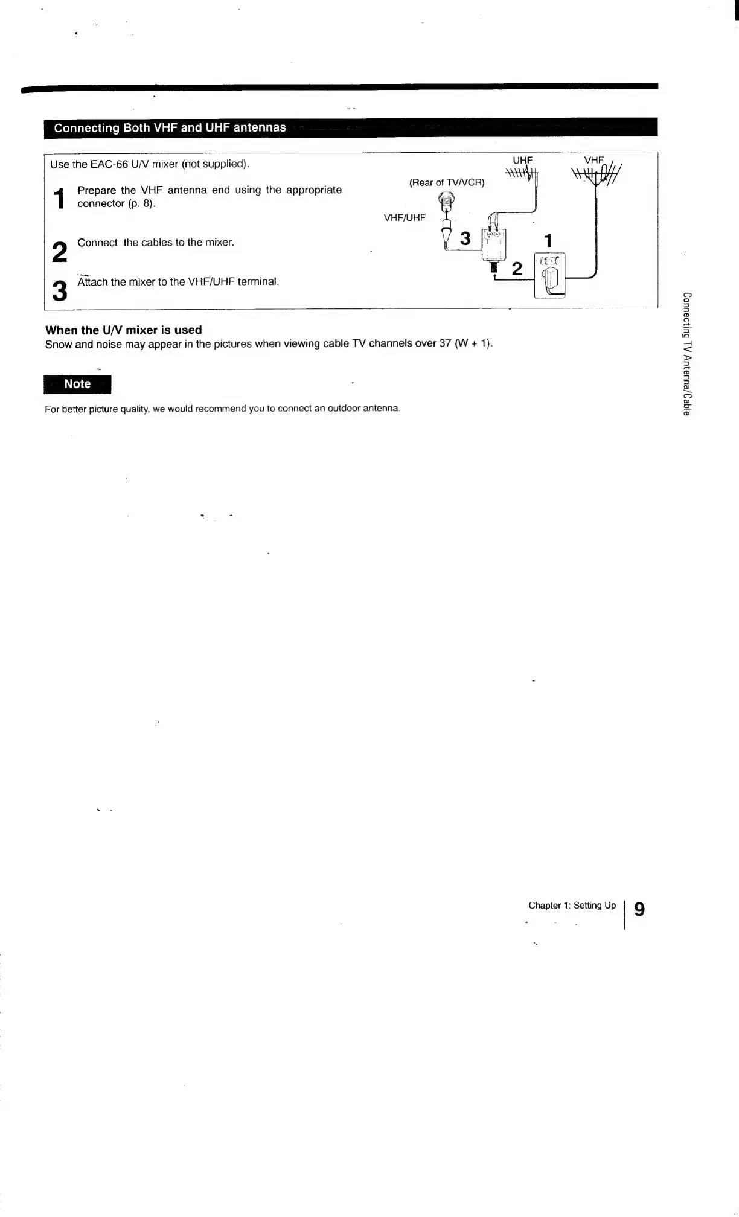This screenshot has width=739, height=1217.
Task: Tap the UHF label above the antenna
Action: tap(522, 160)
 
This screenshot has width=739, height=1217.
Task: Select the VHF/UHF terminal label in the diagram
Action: tap(405, 217)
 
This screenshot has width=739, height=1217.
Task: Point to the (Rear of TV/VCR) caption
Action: tap(447, 182)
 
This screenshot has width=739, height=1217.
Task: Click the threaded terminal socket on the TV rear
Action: tap(445, 199)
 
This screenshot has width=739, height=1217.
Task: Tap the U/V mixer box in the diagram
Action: tap(494, 244)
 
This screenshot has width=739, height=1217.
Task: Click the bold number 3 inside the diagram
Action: tap(465, 239)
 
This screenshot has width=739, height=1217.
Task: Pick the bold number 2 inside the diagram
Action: tap(517, 269)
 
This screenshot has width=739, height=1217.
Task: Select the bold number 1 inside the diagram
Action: tap(548, 241)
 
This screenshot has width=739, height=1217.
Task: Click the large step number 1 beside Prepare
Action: tap(59, 199)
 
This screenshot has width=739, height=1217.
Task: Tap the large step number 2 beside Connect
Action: tap(59, 252)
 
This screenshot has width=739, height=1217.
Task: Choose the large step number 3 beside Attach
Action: tap(59, 291)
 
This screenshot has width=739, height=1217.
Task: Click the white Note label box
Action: tap(77, 384)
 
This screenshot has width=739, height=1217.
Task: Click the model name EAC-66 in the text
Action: tap(109, 164)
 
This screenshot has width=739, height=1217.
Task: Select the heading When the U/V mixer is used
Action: tap(124, 330)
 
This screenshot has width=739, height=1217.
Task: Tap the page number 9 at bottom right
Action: tap(639, 909)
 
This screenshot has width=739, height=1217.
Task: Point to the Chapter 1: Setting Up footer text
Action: tap(572, 906)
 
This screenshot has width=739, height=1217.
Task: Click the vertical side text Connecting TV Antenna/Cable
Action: tap(686, 354)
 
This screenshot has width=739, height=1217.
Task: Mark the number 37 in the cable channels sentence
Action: tap(446, 343)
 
